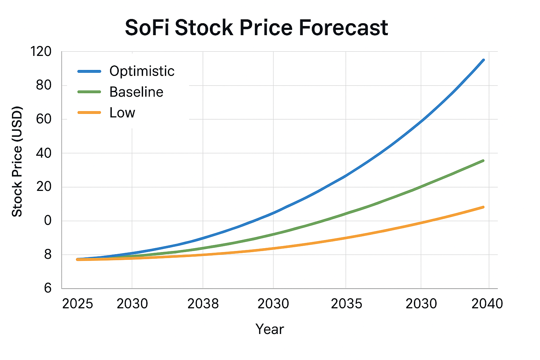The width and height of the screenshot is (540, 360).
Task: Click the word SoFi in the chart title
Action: pos(147,28)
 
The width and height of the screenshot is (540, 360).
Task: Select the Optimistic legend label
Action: pos(142,71)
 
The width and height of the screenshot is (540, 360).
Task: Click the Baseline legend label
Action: pos(136,92)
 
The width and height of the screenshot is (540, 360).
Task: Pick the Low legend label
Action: pos(122,113)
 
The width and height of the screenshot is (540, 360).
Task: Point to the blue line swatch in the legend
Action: pos(89,71)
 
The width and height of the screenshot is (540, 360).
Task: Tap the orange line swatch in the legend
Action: pos(89,113)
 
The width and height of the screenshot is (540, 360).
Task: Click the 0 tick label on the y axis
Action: pos(48,221)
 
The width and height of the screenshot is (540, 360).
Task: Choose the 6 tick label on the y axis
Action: pos(48,289)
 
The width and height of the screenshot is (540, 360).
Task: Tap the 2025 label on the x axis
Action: pos(77,304)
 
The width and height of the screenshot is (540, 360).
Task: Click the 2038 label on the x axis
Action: pos(203,304)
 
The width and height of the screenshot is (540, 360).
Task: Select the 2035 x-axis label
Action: pos(346,304)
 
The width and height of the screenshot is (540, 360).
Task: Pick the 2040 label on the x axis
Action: pos(487,304)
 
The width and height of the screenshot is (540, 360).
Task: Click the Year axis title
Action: pos(270,329)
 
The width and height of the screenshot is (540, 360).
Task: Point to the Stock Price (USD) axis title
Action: pos(17,161)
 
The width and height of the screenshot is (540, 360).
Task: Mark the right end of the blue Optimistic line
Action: pos(483,60)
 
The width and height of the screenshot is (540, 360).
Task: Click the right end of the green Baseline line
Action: pos(483,161)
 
